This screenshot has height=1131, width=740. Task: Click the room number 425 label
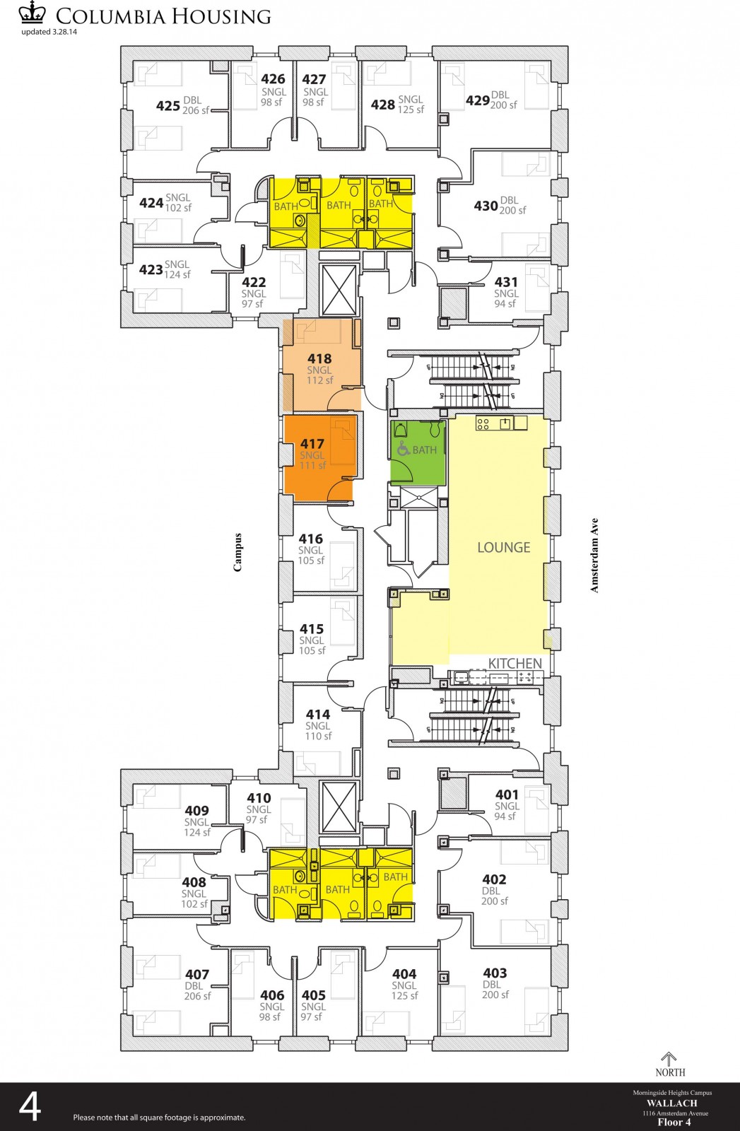(x=168, y=106)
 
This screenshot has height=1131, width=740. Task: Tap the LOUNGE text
(x=503, y=547)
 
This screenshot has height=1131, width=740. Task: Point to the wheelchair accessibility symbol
(x=403, y=449)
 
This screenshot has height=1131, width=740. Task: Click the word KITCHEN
(x=515, y=663)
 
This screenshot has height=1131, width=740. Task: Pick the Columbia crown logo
(x=32, y=14)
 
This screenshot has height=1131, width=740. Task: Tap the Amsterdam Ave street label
(x=594, y=555)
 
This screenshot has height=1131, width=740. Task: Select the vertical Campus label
(x=238, y=552)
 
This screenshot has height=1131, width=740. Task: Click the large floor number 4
(x=30, y=1108)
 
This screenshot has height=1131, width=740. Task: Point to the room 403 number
(x=495, y=973)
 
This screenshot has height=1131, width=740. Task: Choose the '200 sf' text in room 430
(x=512, y=211)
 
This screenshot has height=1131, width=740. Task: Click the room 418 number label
(x=319, y=359)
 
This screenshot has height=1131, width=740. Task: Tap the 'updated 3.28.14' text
(x=50, y=32)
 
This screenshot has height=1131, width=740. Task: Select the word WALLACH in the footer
(x=671, y=1103)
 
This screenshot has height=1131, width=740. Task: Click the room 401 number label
(x=507, y=795)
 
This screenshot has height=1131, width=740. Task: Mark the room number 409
(x=196, y=811)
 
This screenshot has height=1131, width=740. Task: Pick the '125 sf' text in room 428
(x=411, y=110)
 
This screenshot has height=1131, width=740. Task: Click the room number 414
(x=318, y=715)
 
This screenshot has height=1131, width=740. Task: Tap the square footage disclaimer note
(x=159, y=1118)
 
